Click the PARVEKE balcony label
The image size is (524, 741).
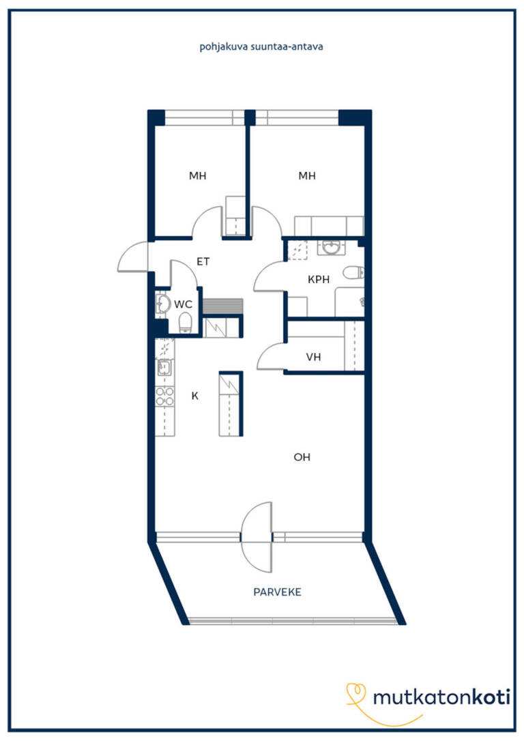[x=278, y=592]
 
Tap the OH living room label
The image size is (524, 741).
[x=302, y=457]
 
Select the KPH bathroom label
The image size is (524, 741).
[x=319, y=279]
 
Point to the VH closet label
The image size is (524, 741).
[x=313, y=357]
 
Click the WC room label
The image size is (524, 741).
[x=183, y=304]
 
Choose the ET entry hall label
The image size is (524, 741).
[x=203, y=261]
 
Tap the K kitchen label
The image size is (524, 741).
[x=194, y=396]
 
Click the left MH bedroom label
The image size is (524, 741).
[x=197, y=176]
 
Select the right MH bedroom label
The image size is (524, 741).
[x=306, y=176]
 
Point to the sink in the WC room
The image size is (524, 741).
[x=162, y=304]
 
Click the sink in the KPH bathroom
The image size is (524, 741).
[x=333, y=247]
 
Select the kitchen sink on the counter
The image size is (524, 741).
[x=164, y=366]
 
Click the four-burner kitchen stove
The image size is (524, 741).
[x=165, y=396]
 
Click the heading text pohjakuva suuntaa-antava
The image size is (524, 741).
[x=261, y=47]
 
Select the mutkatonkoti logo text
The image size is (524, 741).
[x=441, y=697]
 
